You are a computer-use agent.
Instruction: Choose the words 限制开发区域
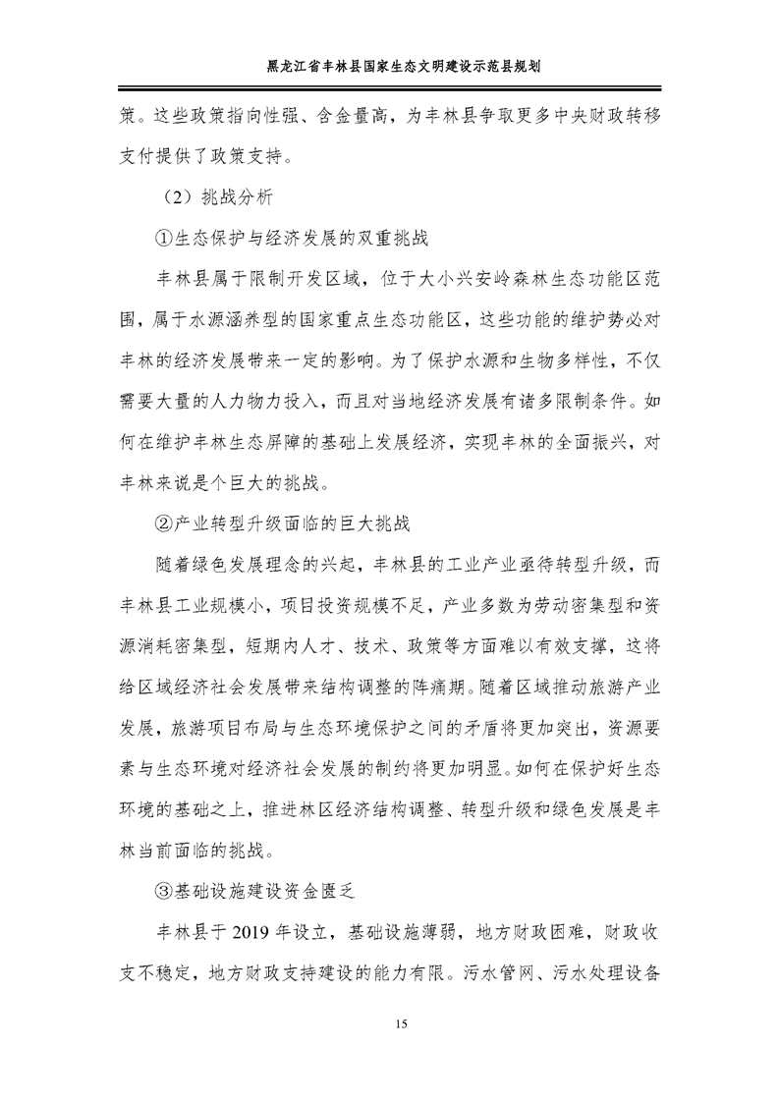click(298, 280)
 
